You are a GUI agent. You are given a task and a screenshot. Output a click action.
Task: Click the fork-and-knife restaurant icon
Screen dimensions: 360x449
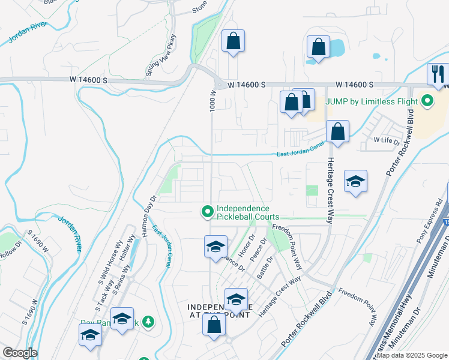pyautogui.click(x=438, y=74)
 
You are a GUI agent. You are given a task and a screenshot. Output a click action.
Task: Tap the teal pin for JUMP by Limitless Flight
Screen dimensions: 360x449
pyautogui.click(x=427, y=101)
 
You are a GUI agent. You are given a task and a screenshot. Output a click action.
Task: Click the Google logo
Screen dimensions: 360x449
pyautogui.click(x=20, y=353)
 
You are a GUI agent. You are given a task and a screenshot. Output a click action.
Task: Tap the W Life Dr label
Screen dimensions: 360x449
pyautogui.click(x=387, y=140)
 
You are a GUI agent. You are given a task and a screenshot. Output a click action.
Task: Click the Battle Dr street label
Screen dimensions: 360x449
pyautogui.click(x=265, y=266)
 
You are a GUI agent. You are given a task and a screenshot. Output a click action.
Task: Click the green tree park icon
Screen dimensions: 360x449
pyautogui.click(x=148, y=322)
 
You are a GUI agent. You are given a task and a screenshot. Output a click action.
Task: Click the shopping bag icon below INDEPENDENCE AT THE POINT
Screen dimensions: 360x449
pyautogui.click(x=214, y=325)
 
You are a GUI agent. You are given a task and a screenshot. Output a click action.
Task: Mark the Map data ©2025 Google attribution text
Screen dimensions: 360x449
pyautogui.click(x=412, y=355)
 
